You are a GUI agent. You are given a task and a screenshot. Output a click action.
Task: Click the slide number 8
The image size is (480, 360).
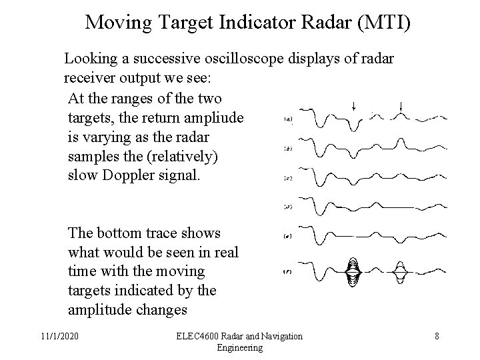tap(437, 336)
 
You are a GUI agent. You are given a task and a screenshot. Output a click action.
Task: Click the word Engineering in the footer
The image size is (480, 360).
tap(240, 347)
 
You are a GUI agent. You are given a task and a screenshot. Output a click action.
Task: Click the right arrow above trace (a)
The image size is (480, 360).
tap(401, 105)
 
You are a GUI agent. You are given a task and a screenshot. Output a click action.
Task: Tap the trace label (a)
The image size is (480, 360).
tap(288, 119)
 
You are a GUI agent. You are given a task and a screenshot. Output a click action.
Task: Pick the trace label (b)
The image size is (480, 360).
tap(288, 148)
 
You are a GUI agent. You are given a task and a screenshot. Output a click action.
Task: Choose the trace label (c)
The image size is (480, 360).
tap(288, 177)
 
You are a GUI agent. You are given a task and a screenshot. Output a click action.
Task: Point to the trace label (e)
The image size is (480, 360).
tap(288, 236)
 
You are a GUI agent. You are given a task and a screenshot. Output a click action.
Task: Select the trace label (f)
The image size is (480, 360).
tap(288, 271)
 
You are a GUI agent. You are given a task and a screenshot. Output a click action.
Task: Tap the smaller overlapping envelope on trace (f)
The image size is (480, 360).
tap(401, 271)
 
